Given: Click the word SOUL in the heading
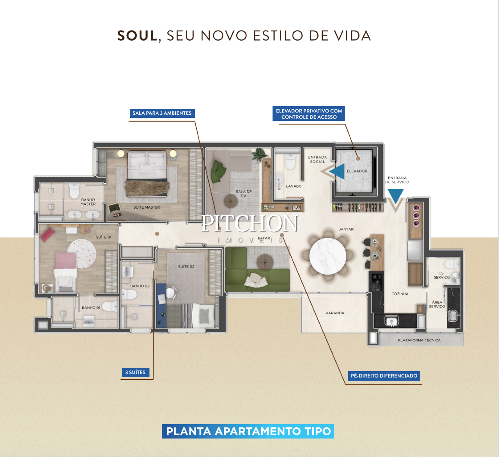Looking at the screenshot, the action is click(137, 35).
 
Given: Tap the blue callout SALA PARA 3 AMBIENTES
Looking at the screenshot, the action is click(162, 113).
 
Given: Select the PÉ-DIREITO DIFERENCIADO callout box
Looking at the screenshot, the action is click(384, 376).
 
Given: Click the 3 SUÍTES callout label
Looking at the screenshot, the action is click(135, 372).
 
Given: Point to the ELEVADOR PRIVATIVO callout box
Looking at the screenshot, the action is click(309, 114).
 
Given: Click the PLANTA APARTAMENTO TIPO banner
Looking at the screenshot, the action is click(248, 431).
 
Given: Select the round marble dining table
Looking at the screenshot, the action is click(327, 256).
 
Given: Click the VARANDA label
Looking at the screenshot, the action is click(335, 313).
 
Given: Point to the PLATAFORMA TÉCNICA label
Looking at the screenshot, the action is click(419, 340).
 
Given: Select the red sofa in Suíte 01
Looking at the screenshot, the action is click(47, 234).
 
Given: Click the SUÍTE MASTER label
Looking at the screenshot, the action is click(147, 207).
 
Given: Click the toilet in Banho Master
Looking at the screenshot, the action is click(74, 190).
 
